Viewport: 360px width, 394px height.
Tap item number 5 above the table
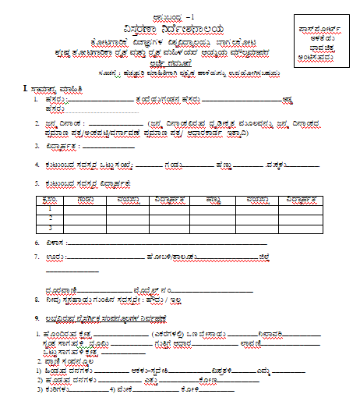pos(37,183)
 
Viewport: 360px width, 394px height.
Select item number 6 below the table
pos(37,243)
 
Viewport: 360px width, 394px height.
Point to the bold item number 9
pos(36,318)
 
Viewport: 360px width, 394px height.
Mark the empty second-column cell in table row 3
pos(81,228)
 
